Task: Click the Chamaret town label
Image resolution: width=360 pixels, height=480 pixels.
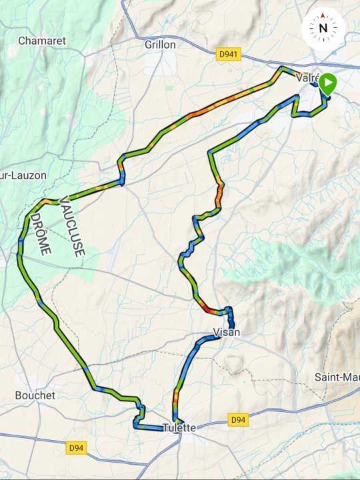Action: point(41,41)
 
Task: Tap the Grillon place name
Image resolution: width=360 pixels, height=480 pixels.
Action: point(160,45)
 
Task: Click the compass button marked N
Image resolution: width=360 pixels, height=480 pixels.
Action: point(323,28)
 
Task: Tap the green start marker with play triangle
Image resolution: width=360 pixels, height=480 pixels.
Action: point(327,84)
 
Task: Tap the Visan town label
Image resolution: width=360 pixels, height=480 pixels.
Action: point(226,332)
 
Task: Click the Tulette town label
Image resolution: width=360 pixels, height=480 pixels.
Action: point(179,428)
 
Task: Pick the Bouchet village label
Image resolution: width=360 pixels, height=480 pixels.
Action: point(35,395)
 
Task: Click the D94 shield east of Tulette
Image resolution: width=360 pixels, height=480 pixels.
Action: point(239,420)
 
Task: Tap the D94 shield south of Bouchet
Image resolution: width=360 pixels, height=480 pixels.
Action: point(77,448)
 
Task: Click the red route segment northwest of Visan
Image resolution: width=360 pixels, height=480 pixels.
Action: point(209,308)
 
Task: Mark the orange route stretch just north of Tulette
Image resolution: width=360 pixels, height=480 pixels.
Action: point(175,399)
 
